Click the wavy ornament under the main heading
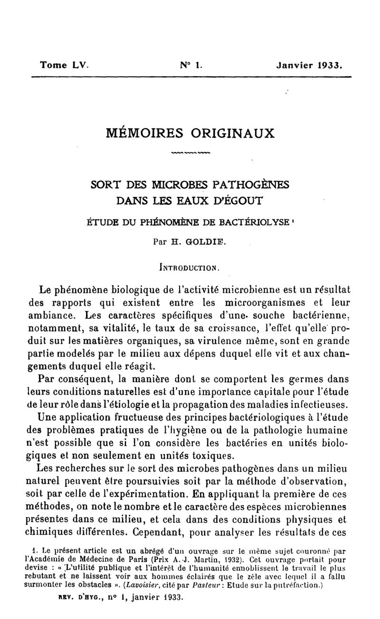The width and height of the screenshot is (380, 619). coord(190,153)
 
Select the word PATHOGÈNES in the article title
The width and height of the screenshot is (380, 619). coord(250,183)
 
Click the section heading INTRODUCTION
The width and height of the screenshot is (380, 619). coord(190,267)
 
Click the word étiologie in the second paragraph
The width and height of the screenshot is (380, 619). coord(154,405)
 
